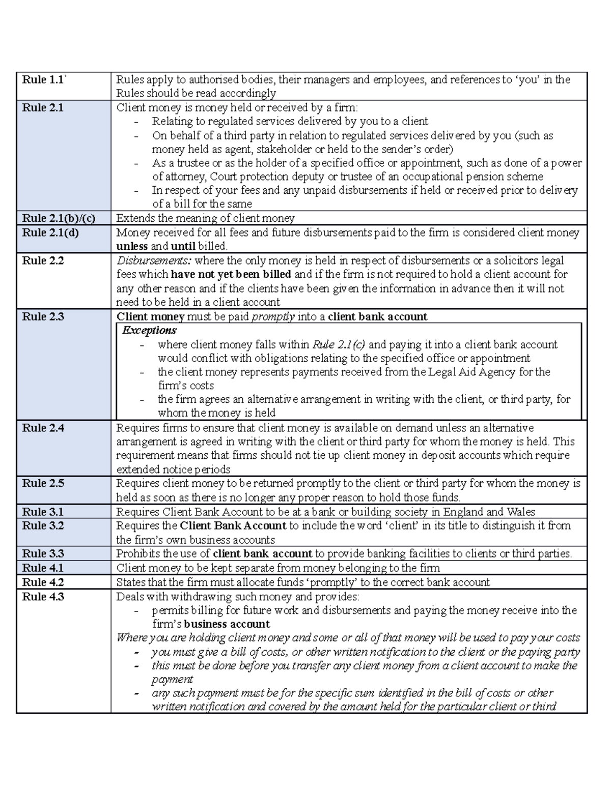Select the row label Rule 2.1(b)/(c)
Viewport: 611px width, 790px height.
[x=59, y=219]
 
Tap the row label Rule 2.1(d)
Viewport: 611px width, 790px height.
[x=50, y=233]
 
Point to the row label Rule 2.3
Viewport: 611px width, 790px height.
[x=43, y=316]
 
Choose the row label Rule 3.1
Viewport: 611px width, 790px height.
[x=43, y=512]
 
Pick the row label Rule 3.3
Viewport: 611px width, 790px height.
[x=43, y=553]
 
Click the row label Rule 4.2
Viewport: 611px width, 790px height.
[x=43, y=582]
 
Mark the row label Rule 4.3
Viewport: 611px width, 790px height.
[x=43, y=596]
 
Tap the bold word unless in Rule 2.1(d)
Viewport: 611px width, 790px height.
[x=132, y=247]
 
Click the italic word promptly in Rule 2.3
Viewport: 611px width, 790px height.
[x=273, y=316]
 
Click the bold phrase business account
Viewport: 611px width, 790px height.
[x=227, y=624]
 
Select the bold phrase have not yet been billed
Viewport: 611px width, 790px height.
[x=231, y=275]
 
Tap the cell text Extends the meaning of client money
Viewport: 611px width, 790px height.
[x=205, y=219]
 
